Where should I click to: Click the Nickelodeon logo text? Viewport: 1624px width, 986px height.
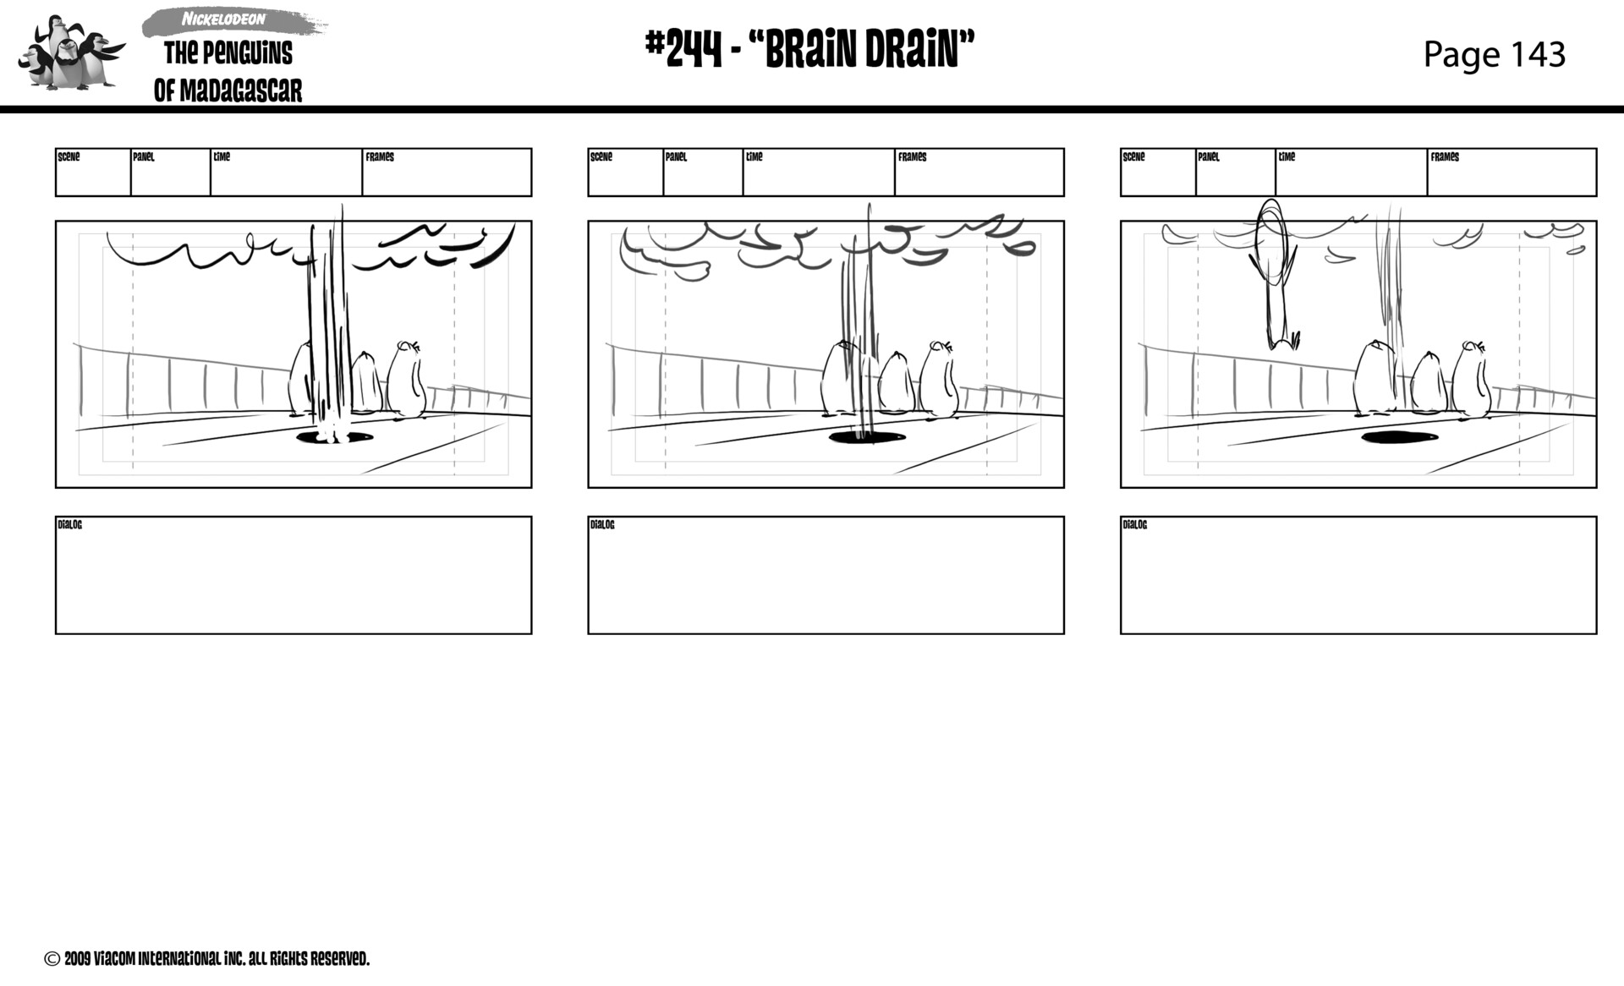(223, 19)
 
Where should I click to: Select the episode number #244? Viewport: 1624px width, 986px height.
(683, 50)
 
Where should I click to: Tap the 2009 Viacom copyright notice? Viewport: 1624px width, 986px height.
(207, 959)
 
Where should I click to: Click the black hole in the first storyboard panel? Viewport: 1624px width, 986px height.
(335, 437)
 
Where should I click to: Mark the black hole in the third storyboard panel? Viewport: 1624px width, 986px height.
(1399, 437)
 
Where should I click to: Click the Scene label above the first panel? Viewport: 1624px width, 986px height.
(69, 157)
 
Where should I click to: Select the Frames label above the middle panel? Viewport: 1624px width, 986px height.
(912, 157)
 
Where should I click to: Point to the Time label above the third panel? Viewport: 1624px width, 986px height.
(1287, 157)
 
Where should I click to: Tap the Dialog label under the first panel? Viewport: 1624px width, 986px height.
(70, 525)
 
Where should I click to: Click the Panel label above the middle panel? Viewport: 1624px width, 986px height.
(676, 157)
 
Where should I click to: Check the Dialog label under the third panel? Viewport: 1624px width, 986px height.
(1135, 525)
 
